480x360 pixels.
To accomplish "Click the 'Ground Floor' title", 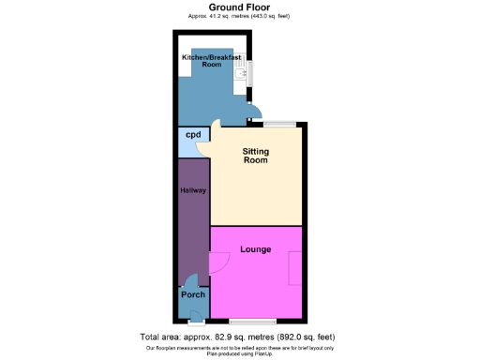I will click(239, 7).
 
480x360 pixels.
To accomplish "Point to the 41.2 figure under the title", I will click(220, 16).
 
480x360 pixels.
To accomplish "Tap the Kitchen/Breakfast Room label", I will click(211, 61).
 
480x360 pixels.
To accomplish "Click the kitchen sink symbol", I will click(240, 70).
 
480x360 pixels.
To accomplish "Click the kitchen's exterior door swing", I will click(252, 117).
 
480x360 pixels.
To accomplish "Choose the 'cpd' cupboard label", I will click(193, 136).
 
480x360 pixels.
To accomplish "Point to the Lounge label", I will click(255, 250).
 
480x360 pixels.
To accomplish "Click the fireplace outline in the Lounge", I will click(296, 271).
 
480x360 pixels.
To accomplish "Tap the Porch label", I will click(193, 295).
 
